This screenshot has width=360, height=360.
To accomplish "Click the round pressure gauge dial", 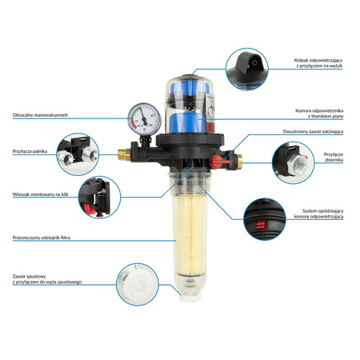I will point(144,120).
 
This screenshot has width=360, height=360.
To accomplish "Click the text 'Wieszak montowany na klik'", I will point(41,194).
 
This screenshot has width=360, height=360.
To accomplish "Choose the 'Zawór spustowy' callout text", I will point(43,277).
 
